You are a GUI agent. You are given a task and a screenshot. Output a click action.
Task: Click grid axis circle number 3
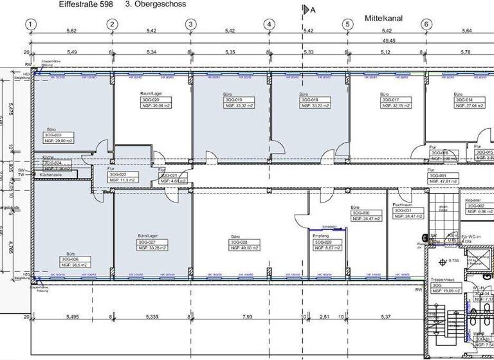pyautogui.click(x=190, y=25)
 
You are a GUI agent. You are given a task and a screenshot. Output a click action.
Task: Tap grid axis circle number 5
pyautogui.click(x=347, y=25)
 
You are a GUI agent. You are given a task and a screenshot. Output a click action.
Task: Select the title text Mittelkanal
pyautogui.click(x=383, y=19)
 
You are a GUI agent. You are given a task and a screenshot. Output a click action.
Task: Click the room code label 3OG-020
pyautogui.click(x=151, y=100)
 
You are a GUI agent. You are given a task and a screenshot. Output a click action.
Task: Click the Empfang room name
pyautogui.click(x=320, y=236)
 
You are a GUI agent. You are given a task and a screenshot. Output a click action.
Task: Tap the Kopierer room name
pyautogui.click(x=473, y=200)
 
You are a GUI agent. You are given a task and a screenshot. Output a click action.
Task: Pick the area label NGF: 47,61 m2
pyautogui.click(x=443, y=181)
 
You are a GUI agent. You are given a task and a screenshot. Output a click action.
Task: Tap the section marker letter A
pyautogui.click(x=313, y=10)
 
